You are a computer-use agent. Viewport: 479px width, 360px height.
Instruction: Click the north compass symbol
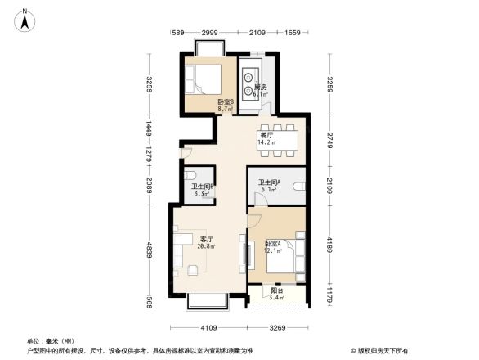[25, 19]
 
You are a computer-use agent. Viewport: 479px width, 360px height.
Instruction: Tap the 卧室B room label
[226, 104]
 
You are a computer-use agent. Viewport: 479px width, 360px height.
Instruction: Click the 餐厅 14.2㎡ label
[266, 138]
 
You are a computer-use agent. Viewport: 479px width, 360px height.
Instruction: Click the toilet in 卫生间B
[189, 177]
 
